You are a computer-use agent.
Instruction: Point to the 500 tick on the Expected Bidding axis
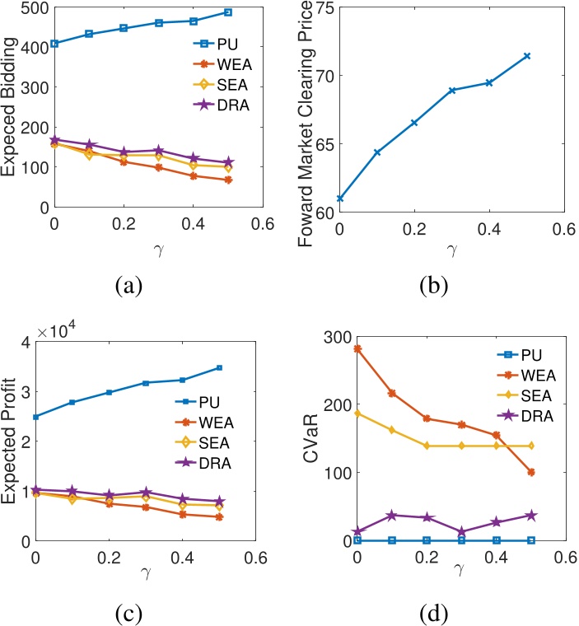[x=35, y=8]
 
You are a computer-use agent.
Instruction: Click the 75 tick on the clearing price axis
[x=324, y=8]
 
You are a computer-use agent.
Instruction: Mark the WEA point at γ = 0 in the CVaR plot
[x=357, y=348]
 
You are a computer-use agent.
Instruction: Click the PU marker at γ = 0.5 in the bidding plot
[x=228, y=12]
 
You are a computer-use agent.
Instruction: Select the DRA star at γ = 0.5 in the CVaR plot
[x=531, y=515]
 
